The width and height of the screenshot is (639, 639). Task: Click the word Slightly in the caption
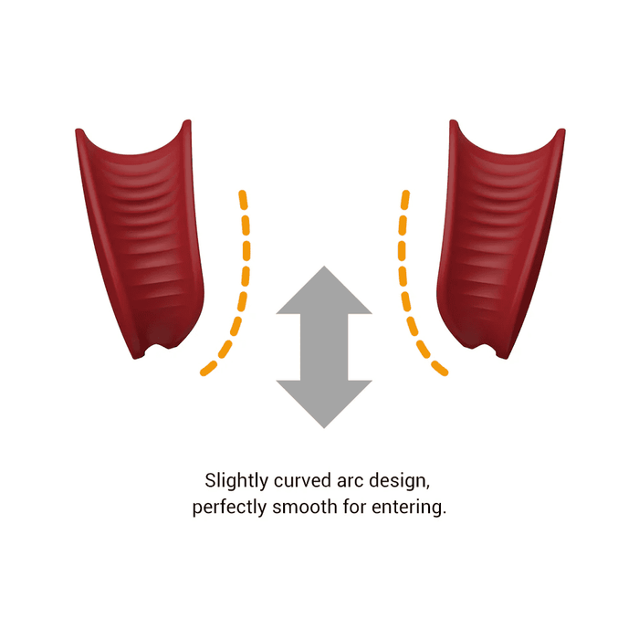[236, 481]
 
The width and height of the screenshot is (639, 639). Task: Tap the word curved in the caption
[303, 480]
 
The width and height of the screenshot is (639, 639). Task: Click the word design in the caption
[400, 481]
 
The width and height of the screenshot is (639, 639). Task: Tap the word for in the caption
[354, 507]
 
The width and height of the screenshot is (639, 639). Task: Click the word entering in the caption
[409, 508]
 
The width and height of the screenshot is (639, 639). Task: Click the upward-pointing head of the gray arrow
[324, 290]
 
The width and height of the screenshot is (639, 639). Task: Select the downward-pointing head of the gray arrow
[324, 403]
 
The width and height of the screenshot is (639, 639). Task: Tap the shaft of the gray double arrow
[324, 347]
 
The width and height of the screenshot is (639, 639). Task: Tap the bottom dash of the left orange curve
[208, 368]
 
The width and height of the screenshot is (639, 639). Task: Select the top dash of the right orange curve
[405, 200]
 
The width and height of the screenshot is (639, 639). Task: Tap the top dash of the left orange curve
[243, 200]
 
